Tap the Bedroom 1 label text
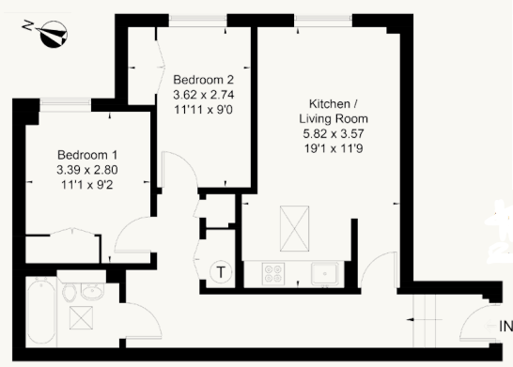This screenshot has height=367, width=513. (x=87, y=154)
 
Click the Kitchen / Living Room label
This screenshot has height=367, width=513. (x=333, y=111)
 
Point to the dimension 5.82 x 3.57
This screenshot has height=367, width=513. (x=333, y=134)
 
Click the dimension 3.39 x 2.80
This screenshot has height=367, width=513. (x=87, y=170)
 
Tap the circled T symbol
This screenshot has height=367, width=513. (x=221, y=272)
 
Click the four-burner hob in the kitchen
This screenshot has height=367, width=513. (x=273, y=274)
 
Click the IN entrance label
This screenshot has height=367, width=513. (x=505, y=328)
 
